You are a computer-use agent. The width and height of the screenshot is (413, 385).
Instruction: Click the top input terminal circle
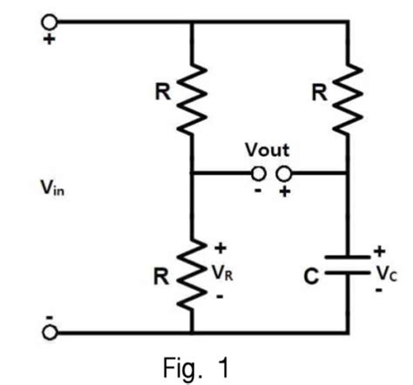[51, 20]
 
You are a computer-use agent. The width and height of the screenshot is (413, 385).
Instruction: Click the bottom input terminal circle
[51, 332]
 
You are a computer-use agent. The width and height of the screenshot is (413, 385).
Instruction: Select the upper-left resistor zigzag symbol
[191, 98]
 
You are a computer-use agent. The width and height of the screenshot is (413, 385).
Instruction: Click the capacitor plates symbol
[347, 266]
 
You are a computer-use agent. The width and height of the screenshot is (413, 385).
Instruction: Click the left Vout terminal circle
[258, 172]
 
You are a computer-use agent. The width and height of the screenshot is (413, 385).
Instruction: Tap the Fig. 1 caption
[200, 368]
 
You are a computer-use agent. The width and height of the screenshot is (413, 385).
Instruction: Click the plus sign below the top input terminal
[51, 39]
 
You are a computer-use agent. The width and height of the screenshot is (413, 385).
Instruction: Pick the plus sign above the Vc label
[379, 251]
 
